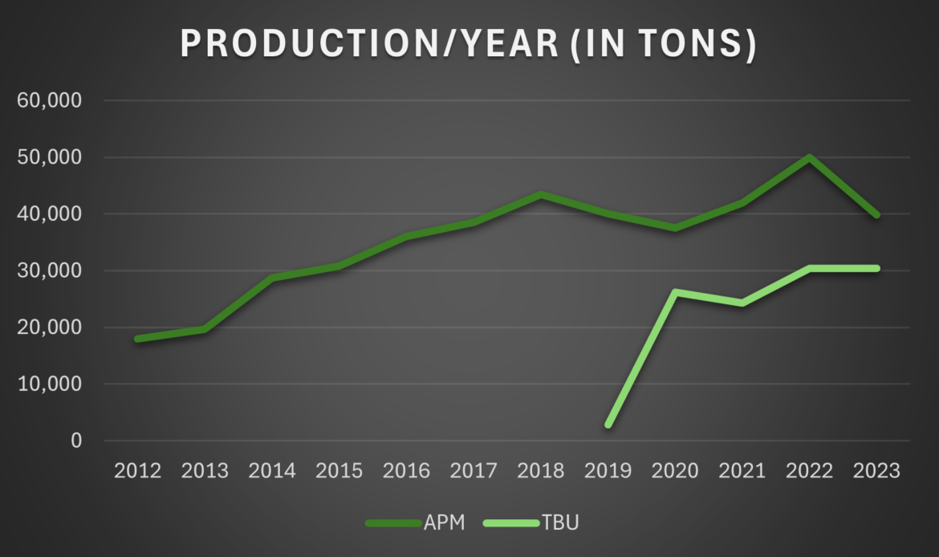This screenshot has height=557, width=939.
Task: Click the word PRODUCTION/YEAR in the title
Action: (369, 45)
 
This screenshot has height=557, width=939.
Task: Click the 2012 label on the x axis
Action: (138, 471)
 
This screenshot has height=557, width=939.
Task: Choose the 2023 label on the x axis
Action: (877, 471)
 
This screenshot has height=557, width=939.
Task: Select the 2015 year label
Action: (340, 471)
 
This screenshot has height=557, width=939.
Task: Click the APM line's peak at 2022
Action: (810, 157)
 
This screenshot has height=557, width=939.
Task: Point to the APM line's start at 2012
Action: (138, 339)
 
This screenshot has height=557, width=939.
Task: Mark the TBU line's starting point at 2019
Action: (609, 425)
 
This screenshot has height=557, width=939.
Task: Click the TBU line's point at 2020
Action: (677, 292)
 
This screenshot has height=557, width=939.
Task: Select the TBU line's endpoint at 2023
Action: (877, 268)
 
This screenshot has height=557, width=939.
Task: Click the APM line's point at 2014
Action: (273, 278)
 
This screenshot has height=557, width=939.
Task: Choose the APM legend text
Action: (444, 523)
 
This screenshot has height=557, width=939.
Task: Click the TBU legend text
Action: (561, 523)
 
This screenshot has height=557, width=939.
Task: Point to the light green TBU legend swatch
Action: (511, 523)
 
